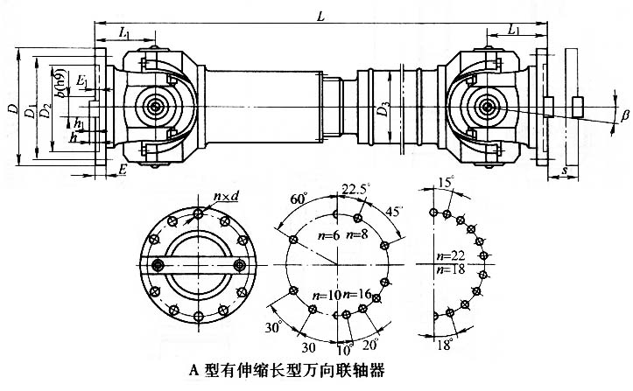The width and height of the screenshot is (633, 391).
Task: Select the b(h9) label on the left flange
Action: point(57,81)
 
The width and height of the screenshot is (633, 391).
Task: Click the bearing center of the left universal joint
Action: point(156,108)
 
